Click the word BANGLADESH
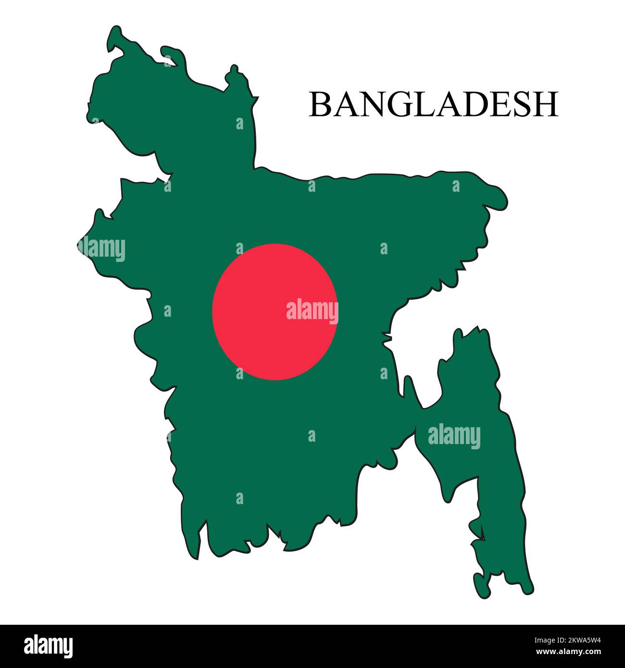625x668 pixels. pos(433,104)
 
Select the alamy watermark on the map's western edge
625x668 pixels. pos(102,249)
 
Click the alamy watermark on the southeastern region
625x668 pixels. pos(454,437)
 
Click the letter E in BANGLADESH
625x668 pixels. pos(496,104)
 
